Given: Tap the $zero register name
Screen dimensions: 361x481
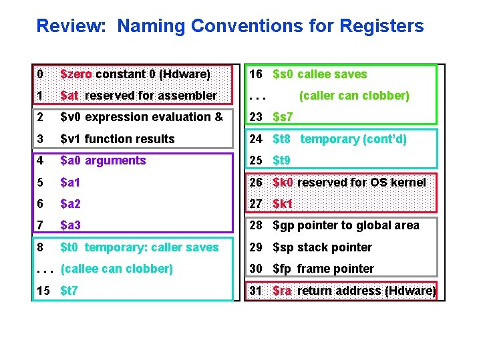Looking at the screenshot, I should pyautogui.click(x=76, y=74).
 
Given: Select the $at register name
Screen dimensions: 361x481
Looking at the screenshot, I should pyautogui.click(x=69, y=96).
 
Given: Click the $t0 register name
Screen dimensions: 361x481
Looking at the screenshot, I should pyautogui.click(x=70, y=247).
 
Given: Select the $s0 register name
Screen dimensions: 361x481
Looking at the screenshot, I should pyautogui.click(x=283, y=74).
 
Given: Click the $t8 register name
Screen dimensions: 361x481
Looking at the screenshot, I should pyautogui.click(x=282, y=139).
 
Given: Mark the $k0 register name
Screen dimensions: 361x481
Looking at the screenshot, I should pyautogui.click(x=283, y=183).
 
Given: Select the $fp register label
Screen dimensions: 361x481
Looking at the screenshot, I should pyautogui.click(x=282, y=269).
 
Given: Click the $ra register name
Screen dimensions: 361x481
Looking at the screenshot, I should pyautogui.click(x=282, y=291).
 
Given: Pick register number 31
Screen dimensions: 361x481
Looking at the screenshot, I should pyautogui.click(x=255, y=291).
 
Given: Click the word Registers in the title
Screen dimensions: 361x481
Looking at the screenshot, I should pyautogui.click(x=381, y=26).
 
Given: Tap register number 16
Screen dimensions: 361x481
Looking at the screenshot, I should pyautogui.click(x=255, y=74).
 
